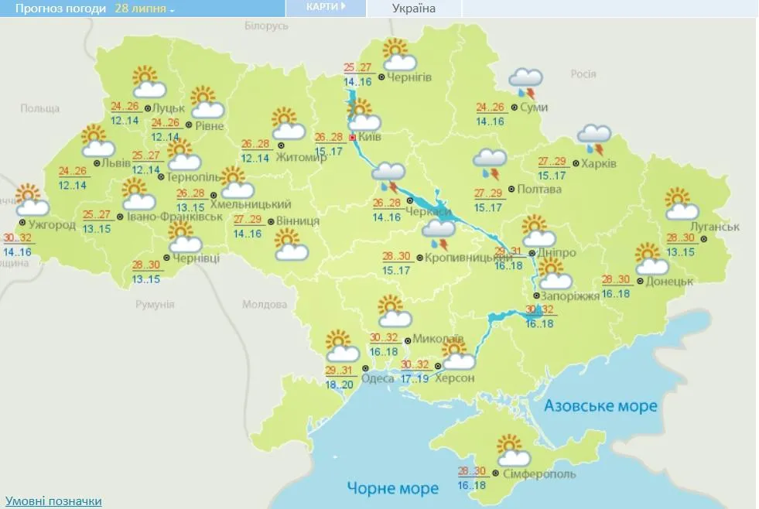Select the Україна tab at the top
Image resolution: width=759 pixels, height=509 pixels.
click(413, 9)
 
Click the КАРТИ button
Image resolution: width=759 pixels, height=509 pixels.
click(325, 7)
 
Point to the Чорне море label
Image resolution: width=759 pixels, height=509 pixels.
click(392, 488)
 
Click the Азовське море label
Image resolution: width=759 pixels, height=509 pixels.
click(600, 406)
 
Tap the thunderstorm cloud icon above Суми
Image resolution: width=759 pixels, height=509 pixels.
click(526, 81)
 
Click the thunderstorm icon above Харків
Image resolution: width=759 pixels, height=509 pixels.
click(594, 138)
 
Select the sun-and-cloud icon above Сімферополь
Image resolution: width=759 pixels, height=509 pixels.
click(510, 450)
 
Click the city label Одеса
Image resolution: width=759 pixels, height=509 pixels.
click(378, 377)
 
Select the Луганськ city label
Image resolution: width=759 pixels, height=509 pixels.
click(713, 227)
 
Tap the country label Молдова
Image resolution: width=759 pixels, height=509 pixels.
click(265, 304)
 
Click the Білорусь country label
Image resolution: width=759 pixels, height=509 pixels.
click(266, 26)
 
